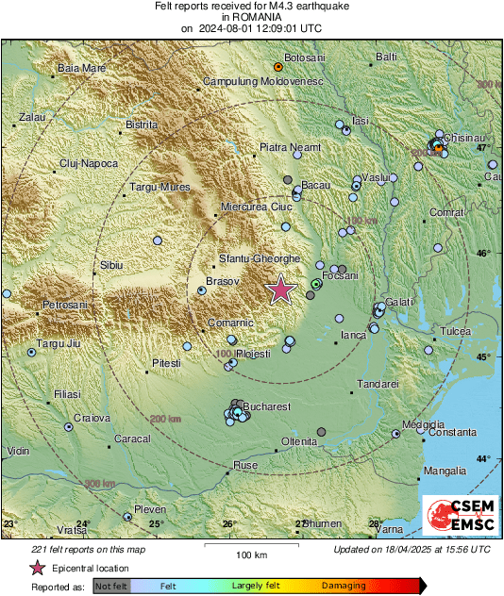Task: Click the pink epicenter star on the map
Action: (x=280, y=290)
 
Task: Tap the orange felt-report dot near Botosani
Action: (x=277, y=68)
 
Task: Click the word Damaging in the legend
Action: (x=344, y=586)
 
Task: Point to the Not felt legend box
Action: (x=113, y=586)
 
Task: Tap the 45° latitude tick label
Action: (x=481, y=356)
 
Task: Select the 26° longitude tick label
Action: (x=229, y=523)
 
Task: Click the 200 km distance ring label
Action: (x=164, y=418)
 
